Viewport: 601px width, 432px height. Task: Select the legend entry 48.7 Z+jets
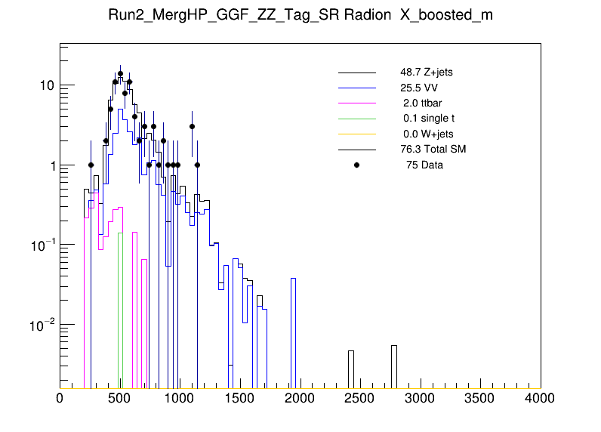427,72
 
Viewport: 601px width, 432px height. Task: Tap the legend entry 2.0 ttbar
421,103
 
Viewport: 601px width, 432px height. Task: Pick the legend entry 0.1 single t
429,119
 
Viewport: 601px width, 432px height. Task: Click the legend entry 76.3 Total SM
433,150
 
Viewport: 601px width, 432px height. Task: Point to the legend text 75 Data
424,165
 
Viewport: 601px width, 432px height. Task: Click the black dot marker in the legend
357,165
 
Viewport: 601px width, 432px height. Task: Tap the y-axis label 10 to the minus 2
42,325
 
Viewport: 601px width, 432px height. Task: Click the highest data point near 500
120,74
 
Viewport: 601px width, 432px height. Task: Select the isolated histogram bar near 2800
393,366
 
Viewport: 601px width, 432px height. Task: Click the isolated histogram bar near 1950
293,332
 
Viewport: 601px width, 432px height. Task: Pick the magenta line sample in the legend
357,103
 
